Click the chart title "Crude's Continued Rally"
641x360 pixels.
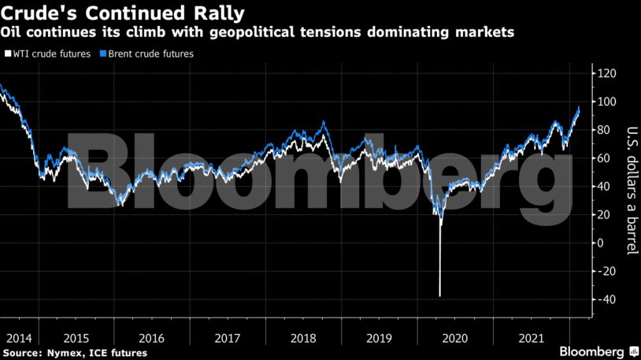(122, 13)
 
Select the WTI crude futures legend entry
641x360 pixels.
(51, 54)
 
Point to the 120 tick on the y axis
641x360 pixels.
(606, 73)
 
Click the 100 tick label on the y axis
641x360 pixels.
(606, 102)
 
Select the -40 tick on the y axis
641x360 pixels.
(606, 299)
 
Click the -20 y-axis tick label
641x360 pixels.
(606, 271)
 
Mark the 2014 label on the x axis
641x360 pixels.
(19, 338)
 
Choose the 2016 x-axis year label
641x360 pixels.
(152, 338)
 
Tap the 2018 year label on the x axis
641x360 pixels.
(304, 338)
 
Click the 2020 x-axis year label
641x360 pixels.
(456, 338)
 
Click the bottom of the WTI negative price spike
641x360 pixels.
(439, 296)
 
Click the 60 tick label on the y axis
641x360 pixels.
(602, 158)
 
